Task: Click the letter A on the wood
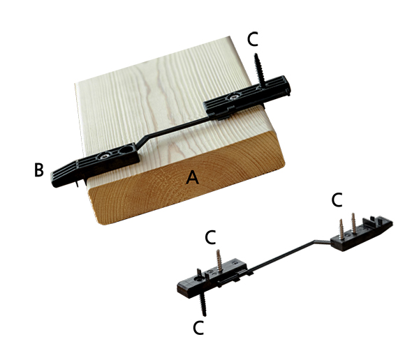[192, 177]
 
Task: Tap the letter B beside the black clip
[39, 170]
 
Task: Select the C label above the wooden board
[253, 39]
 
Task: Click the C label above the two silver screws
[337, 200]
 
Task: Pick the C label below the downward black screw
[198, 327]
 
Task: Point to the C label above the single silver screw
[210, 237]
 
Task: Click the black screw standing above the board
[260, 70]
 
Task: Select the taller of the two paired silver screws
[353, 223]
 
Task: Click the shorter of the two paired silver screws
[341, 229]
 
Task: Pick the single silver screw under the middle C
[219, 261]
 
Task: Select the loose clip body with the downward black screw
[212, 278]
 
